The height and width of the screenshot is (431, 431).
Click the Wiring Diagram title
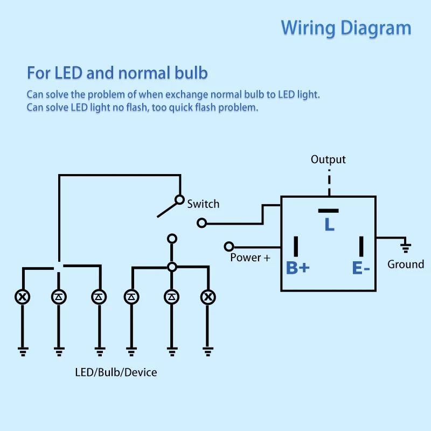pyautogui.click(x=346, y=29)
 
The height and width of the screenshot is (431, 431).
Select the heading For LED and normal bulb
pyautogui.click(x=117, y=73)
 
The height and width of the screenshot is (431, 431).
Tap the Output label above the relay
pyautogui.click(x=328, y=159)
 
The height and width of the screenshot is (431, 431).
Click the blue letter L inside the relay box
pyautogui.click(x=329, y=224)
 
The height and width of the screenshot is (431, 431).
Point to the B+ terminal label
pyautogui.click(x=298, y=268)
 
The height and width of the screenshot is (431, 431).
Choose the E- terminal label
pyautogui.click(x=361, y=268)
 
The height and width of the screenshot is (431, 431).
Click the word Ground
pyautogui.click(x=406, y=264)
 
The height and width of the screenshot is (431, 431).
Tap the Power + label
pyautogui.click(x=250, y=258)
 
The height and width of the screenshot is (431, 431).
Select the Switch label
pyautogui.click(x=203, y=204)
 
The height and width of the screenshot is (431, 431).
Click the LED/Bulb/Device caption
pyautogui.click(x=116, y=372)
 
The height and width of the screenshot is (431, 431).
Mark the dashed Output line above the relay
pyautogui.click(x=329, y=182)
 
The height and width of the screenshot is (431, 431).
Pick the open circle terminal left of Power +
pyautogui.click(x=229, y=247)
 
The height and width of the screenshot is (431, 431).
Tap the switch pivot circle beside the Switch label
pyautogui.click(x=179, y=200)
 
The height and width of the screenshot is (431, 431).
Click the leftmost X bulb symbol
pyautogui.click(x=22, y=297)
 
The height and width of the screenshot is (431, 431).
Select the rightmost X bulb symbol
pyautogui.click(x=208, y=297)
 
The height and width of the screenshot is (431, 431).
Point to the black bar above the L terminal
pyautogui.click(x=328, y=211)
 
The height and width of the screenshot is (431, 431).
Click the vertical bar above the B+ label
pyautogui.click(x=296, y=246)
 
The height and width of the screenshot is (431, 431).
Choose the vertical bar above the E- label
pyautogui.click(x=361, y=246)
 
